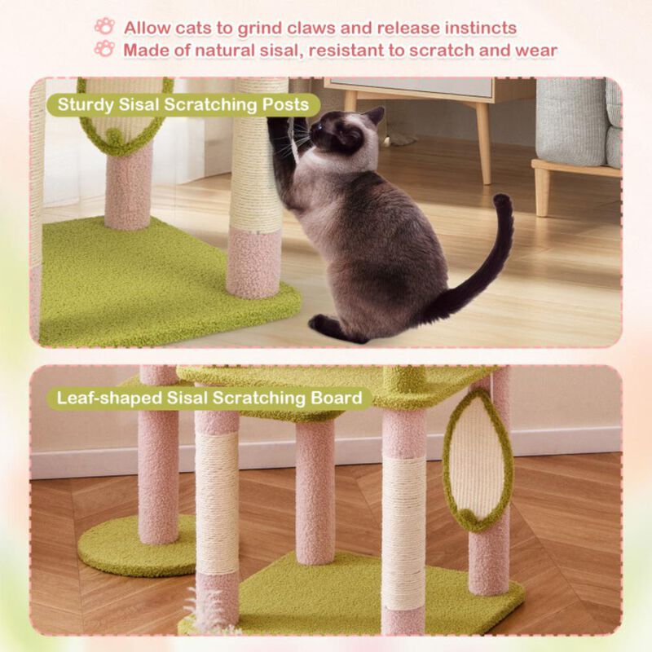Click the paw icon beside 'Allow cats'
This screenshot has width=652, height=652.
[x=104, y=26]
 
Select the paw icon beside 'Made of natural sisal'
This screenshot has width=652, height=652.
[x=104, y=49]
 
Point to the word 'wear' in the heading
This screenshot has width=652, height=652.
[x=536, y=50]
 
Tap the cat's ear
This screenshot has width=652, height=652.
[x=374, y=115]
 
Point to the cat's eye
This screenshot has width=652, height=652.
[x=319, y=127]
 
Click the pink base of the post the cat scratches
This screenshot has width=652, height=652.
[x=254, y=262]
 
